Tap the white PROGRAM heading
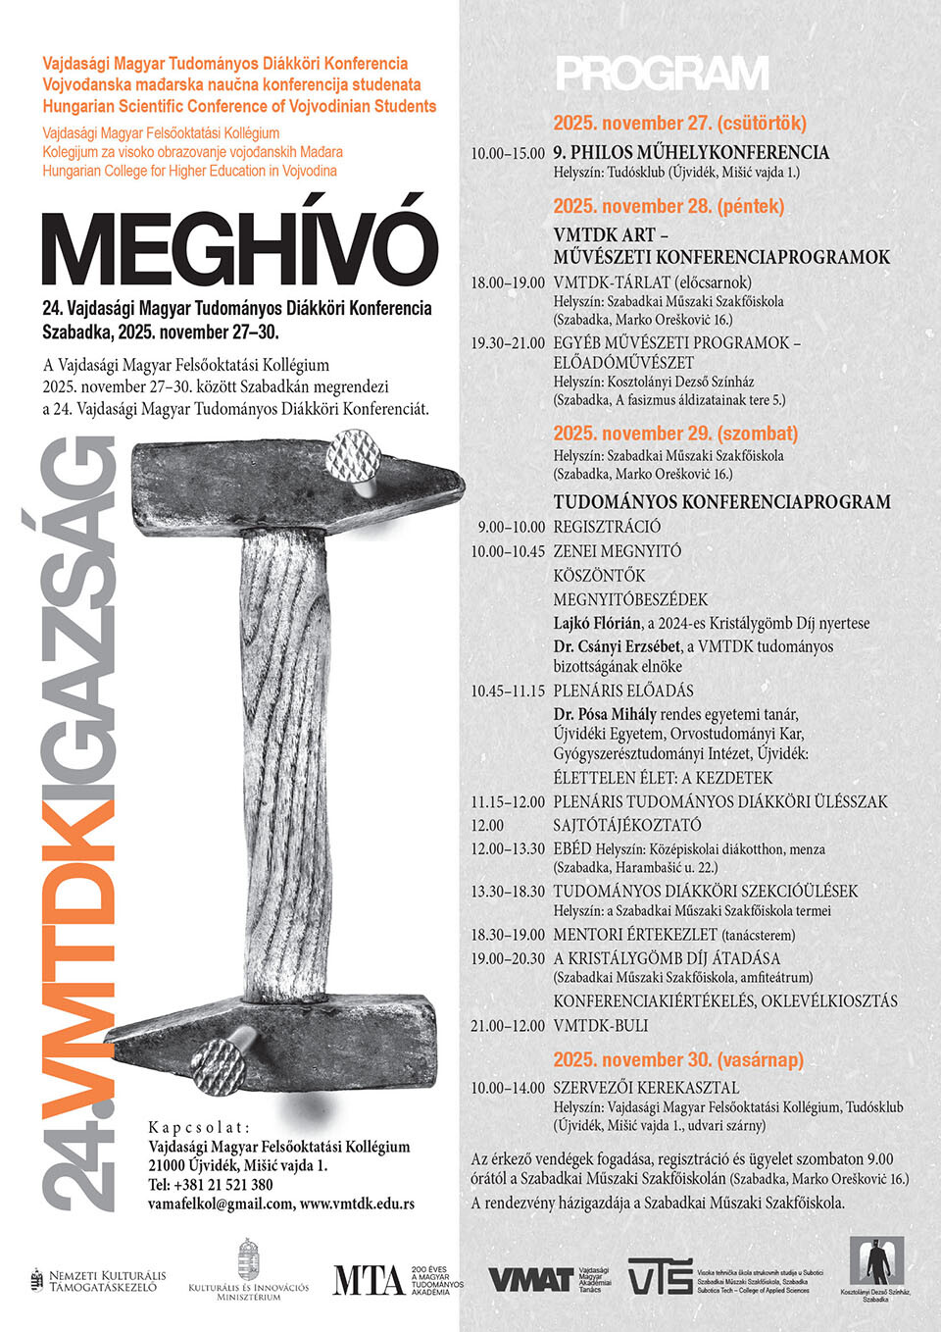[663, 75]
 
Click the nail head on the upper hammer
[354, 457]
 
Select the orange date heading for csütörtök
[679, 124]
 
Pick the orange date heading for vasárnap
[677, 1059]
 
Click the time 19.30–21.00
[508, 343]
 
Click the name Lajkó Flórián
[597, 623]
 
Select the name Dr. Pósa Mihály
[605, 714]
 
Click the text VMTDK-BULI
[600, 1025]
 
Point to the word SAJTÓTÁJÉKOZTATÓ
[627, 825]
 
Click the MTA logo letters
[368, 1280]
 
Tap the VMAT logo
[530, 1279]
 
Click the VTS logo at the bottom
[659, 1276]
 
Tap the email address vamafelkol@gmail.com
[221, 1204]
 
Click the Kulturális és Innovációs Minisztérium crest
[249, 1258]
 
